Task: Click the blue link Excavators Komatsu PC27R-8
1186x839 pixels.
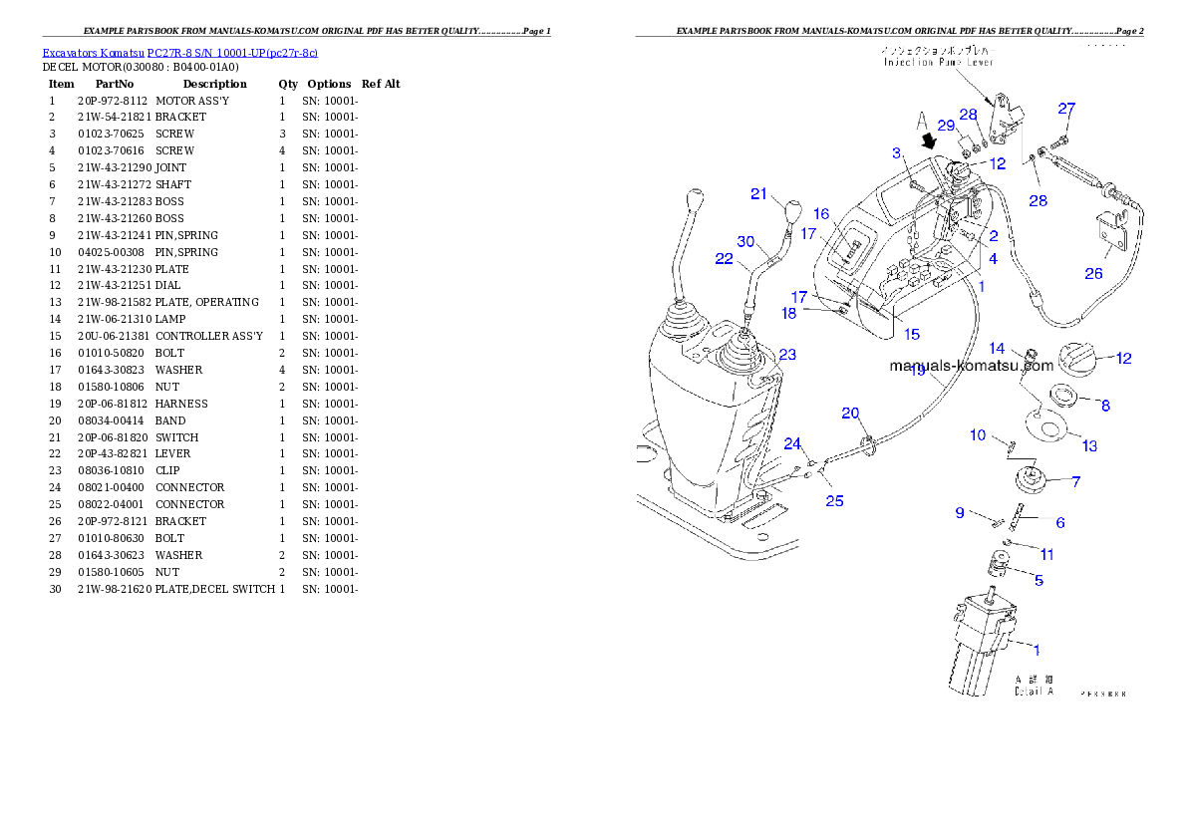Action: click(x=179, y=53)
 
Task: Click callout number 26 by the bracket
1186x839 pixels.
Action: click(x=1093, y=273)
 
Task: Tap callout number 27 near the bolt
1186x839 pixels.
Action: click(x=1066, y=109)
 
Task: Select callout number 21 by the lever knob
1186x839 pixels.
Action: click(x=759, y=194)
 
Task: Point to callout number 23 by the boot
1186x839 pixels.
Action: click(x=787, y=355)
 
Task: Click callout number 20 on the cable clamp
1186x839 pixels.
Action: click(x=850, y=414)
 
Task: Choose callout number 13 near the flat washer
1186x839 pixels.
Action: click(x=1089, y=445)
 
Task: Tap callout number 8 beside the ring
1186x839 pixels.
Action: click(x=1104, y=406)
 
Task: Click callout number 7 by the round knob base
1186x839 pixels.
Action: click(x=1075, y=481)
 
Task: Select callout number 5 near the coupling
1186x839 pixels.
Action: click(x=1038, y=580)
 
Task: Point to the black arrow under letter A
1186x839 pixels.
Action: click(x=931, y=142)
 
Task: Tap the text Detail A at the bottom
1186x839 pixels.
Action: click(x=1034, y=691)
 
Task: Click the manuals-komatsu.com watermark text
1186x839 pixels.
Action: click(x=972, y=366)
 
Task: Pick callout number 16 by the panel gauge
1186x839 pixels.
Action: click(x=821, y=214)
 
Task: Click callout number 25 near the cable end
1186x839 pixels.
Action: click(x=834, y=500)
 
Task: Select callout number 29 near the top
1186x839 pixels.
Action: click(x=946, y=126)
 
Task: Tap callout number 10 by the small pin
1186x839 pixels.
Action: click(x=978, y=435)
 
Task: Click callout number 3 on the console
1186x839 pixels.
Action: click(x=896, y=153)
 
